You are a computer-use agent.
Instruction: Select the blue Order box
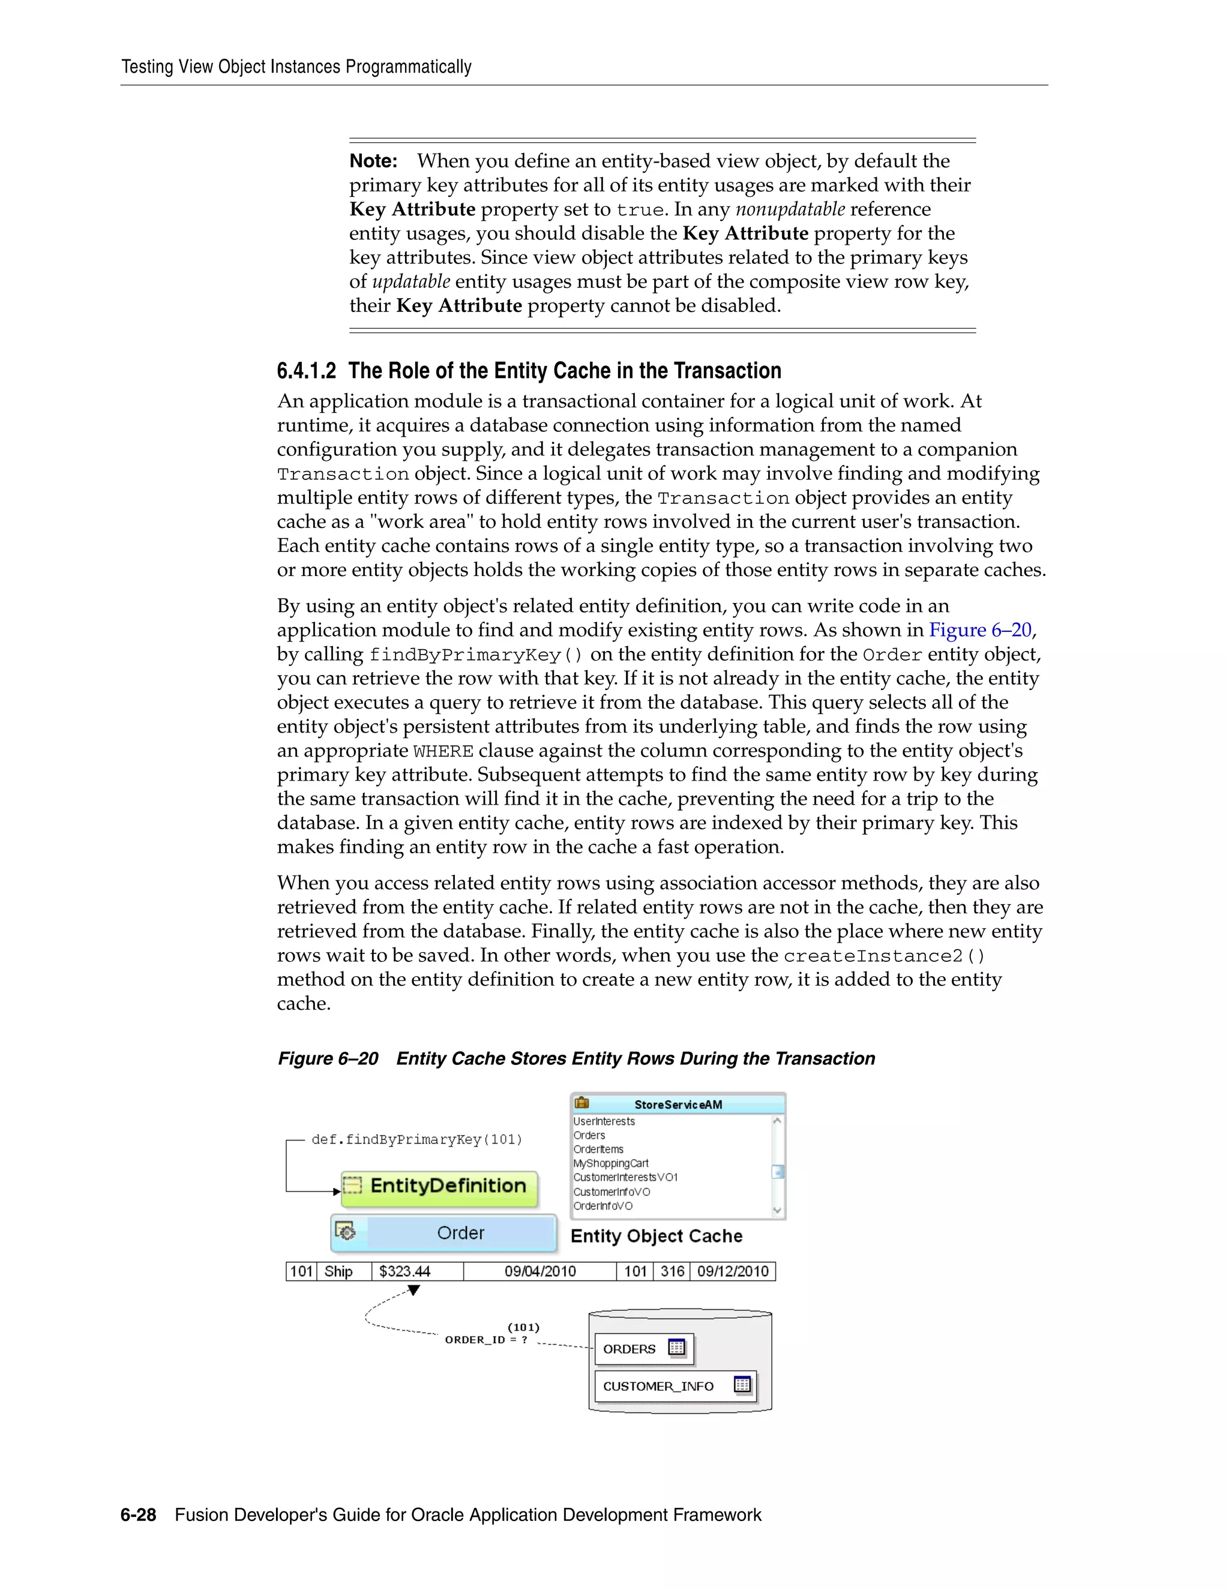pyautogui.click(x=444, y=1233)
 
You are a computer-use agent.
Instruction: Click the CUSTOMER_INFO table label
pyautogui.click(x=658, y=1386)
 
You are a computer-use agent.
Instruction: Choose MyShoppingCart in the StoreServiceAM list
pyautogui.click(x=610, y=1163)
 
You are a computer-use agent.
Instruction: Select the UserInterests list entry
pyautogui.click(x=604, y=1121)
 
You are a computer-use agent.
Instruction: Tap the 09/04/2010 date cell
pyautogui.click(x=539, y=1272)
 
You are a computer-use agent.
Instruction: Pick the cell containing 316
pyautogui.click(x=672, y=1272)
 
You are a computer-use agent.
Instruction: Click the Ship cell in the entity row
pyautogui.click(x=338, y=1272)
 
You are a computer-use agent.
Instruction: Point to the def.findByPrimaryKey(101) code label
pyautogui.click(x=416, y=1140)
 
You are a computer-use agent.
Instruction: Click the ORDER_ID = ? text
pyautogui.click(x=485, y=1340)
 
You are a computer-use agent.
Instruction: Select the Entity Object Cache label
pyautogui.click(x=656, y=1236)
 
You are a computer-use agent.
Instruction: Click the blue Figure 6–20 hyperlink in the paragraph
pyautogui.click(x=980, y=630)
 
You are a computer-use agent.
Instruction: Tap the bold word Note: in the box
pyautogui.click(x=373, y=161)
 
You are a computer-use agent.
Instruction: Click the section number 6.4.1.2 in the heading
pyautogui.click(x=307, y=371)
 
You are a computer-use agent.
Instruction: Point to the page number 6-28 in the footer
pyautogui.click(x=139, y=1515)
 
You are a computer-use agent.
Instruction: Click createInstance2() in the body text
pyautogui.click(x=884, y=956)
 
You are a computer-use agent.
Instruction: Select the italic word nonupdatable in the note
pyautogui.click(x=790, y=209)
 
